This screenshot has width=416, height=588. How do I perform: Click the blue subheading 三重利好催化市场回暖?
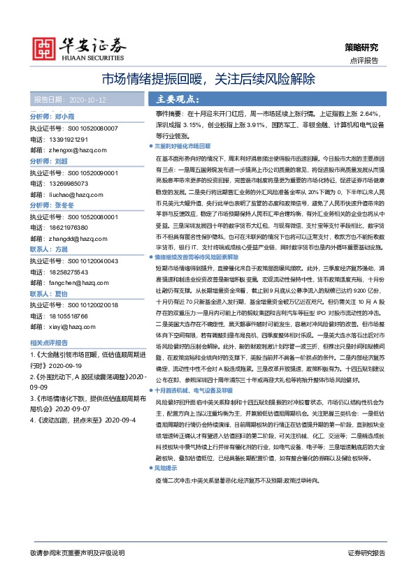click(x=182, y=147)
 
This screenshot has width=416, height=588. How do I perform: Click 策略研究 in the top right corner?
click(x=361, y=47)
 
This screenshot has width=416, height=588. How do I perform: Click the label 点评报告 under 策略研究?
click(x=364, y=61)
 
